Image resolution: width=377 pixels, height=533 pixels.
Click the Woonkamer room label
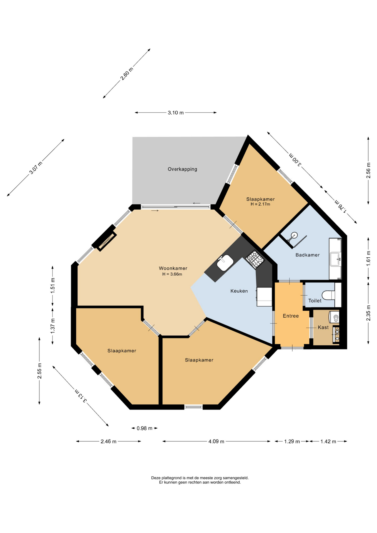tap(173, 268)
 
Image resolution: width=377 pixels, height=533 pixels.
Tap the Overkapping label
tap(182, 169)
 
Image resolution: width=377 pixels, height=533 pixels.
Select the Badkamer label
tap(307, 255)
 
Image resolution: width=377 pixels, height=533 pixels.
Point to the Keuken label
tap(239, 291)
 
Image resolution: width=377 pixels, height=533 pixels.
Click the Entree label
tap(291, 316)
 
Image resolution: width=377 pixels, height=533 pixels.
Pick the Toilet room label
tap(315, 301)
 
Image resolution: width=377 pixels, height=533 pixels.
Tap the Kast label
tap(323, 327)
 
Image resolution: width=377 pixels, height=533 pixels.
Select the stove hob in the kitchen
tap(255, 259)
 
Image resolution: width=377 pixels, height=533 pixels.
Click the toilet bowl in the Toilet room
tap(329, 295)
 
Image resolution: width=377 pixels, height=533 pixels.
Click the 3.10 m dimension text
tap(175, 113)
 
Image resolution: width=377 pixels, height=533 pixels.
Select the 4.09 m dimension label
tap(216, 441)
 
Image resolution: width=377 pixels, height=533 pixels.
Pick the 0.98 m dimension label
tap(144, 428)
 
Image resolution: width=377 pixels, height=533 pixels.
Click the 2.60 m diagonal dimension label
tap(127, 74)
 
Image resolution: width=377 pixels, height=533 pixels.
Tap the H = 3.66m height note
tap(172, 274)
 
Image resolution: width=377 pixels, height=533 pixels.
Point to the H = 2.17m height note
tap(260, 204)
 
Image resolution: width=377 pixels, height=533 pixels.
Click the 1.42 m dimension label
tap(328, 441)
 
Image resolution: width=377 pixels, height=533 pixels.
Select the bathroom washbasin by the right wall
tap(335, 259)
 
